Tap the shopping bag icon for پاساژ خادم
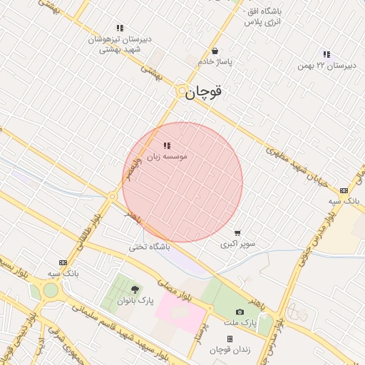(215, 51)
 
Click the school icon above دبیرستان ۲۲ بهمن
(327, 54)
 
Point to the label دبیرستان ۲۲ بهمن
(327, 66)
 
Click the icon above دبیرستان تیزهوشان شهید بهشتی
(119, 29)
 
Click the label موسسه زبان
(167, 155)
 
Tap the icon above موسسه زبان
(167, 145)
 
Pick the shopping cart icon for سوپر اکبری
(237, 232)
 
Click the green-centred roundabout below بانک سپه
(51, 290)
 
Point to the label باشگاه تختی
(149, 247)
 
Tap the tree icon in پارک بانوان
(135, 289)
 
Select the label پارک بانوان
(135, 301)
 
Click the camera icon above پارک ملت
(240, 312)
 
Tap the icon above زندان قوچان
(230, 339)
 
